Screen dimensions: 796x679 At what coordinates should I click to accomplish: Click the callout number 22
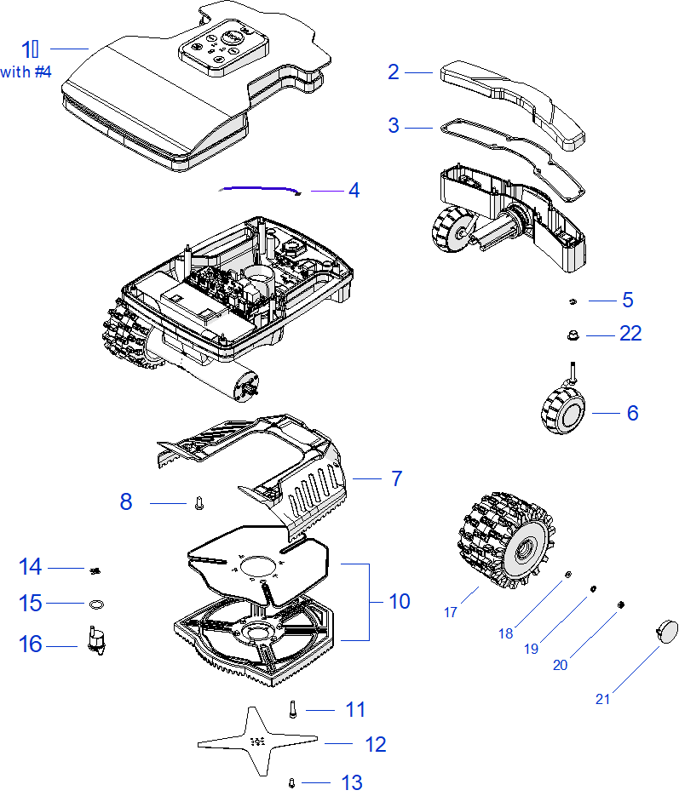pyautogui.click(x=630, y=334)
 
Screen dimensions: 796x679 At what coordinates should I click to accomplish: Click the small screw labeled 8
pyautogui.click(x=199, y=503)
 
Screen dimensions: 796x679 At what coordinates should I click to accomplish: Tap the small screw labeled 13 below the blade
pyautogui.click(x=291, y=782)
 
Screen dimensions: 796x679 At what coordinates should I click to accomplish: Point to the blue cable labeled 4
pyautogui.click(x=260, y=189)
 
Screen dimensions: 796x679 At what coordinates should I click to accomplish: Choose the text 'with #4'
pyautogui.click(x=26, y=72)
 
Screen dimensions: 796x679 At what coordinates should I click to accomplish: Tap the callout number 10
pyautogui.click(x=399, y=601)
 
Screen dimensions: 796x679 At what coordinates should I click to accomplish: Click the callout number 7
pyautogui.click(x=396, y=478)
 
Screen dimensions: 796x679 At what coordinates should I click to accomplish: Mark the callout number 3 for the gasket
pyautogui.click(x=393, y=125)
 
